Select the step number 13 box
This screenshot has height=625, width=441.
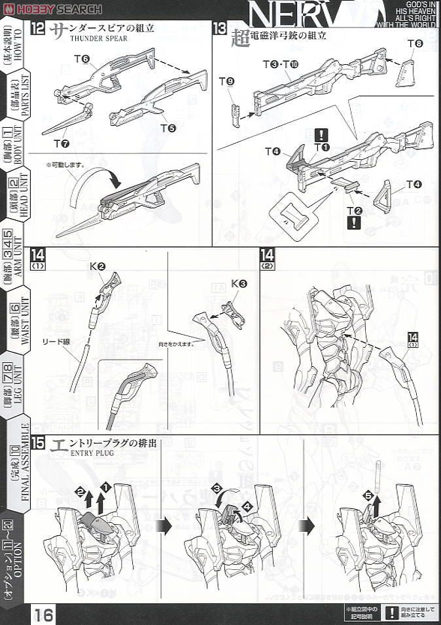click(219, 30)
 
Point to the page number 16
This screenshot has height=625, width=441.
click(44, 615)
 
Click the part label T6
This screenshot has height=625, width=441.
click(81, 60)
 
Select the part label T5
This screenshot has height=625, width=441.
click(168, 128)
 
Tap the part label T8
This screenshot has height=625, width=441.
click(415, 44)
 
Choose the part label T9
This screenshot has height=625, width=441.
click(226, 82)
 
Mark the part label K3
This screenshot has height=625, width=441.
click(238, 284)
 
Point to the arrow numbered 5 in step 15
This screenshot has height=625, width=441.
click(368, 497)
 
